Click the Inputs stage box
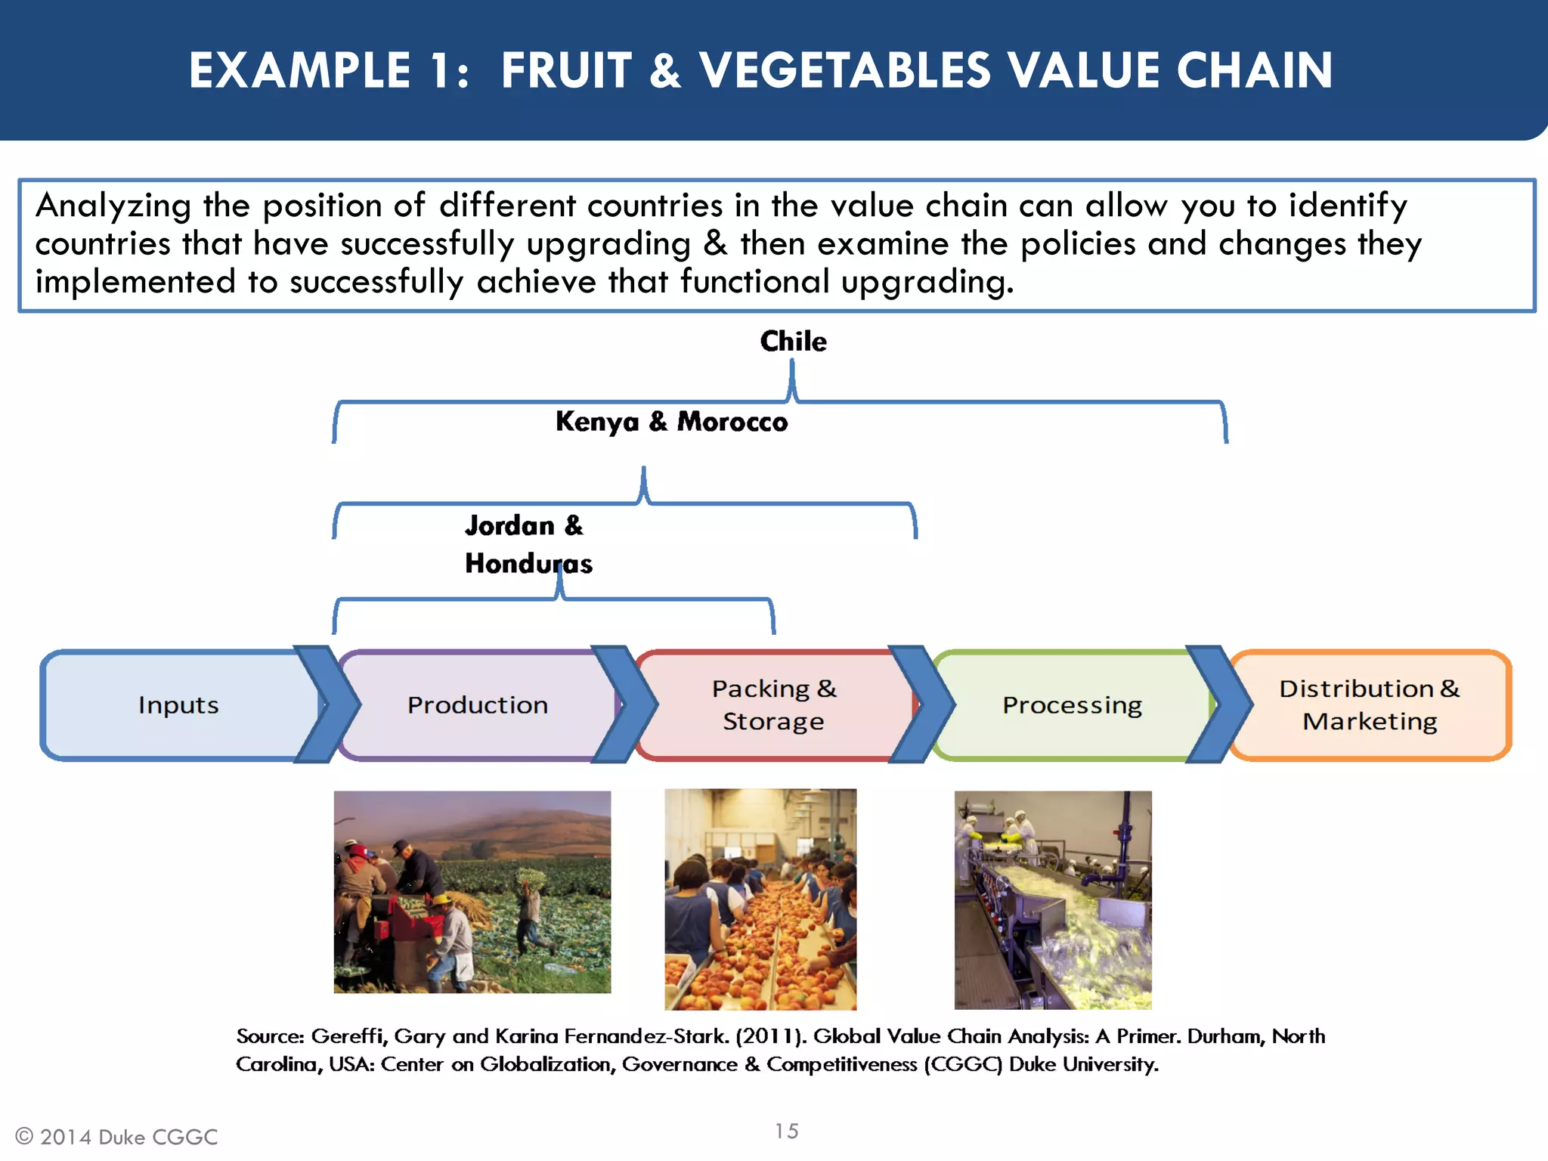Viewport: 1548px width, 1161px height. tap(178, 704)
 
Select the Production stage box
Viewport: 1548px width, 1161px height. tap(478, 704)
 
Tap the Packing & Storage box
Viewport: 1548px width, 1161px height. tap(773, 704)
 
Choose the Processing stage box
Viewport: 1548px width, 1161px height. tap(1071, 704)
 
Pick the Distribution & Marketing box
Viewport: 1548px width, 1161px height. tap(1369, 704)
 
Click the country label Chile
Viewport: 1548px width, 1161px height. tap(793, 342)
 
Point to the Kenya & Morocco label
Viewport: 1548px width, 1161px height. tap(671, 422)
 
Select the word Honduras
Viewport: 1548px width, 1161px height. tap(528, 564)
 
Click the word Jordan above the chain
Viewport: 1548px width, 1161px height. tap(509, 525)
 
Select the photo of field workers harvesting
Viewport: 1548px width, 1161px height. tap(472, 892)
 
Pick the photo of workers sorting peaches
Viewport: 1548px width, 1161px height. tap(760, 899)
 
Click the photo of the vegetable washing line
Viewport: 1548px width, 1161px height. tap(1053, 899)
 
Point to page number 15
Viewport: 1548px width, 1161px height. tap(786, 1131)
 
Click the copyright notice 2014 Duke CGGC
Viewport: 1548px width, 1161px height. tap(117, 1137)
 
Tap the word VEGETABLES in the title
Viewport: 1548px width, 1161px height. tap(844, 70)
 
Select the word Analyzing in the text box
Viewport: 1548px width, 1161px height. tap(113, 206)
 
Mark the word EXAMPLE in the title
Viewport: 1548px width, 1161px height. tap(300, 70)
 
